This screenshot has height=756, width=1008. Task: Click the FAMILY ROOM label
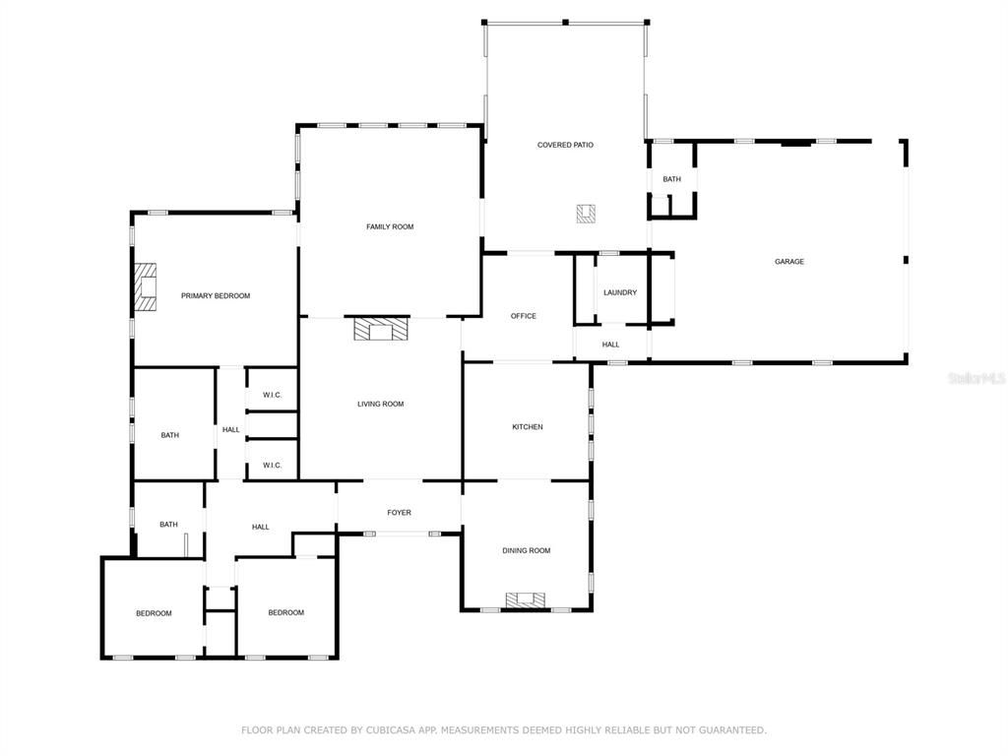pyautogui.click(x=390, y=227)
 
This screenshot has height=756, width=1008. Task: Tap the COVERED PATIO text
pyautogui.click(x=565, y=146)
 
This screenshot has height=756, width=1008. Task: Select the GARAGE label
pyautogui.click(x=788, y=262)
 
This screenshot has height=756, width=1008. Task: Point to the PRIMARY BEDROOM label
pyautogui.click(x=216, y=296)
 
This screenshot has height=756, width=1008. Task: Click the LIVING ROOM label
pyautogui.click(x=380, y=405)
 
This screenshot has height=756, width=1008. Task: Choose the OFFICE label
pyautogui.click(x=524, y=316)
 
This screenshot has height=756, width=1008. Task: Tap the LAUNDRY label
pyautogui.click(x=620, y=292)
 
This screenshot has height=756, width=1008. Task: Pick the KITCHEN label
pyautogui.click(x=527, y=427)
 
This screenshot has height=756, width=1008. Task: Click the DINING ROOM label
pyautogui.click(x=526, y=551)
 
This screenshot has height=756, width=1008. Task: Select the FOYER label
pyautogui.click(x=399, y=513)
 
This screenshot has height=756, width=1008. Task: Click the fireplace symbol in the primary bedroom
pyautogui.click(x=146, y=286)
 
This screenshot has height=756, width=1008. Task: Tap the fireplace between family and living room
pyautogui.click(x=380, y=329)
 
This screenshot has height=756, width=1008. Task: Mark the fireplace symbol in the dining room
pyautogui.click(x=526, y=600)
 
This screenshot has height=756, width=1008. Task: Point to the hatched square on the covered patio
pyautogui.click(x=587, y=213)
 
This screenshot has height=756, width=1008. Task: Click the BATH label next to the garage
pyautogui.click(x=671, y=179)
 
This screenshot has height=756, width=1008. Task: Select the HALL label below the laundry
pyautogui.click(x=610, y=345)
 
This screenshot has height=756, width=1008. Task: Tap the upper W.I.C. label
pyautogui.click(x=272, y=396)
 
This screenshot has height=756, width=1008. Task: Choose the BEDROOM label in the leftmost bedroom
pyautogui.click(x=154, y=613)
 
